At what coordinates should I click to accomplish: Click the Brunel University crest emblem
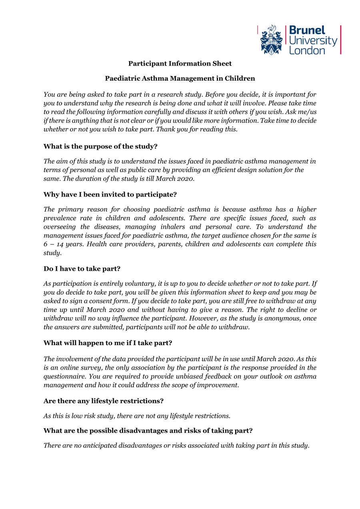pos(272,40)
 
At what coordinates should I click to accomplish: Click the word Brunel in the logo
pos(307,31)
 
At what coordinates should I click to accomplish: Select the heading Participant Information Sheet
pos(180,64)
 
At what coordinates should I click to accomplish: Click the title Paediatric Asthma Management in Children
pos(180,78)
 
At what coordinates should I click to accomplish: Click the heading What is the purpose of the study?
pos(100,146)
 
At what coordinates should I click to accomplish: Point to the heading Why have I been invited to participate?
pos(110,195)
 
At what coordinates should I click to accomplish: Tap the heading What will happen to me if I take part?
pos(108,343)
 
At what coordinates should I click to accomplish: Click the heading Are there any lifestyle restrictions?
pos(103,401)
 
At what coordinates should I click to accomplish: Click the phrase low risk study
pos(90,416)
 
